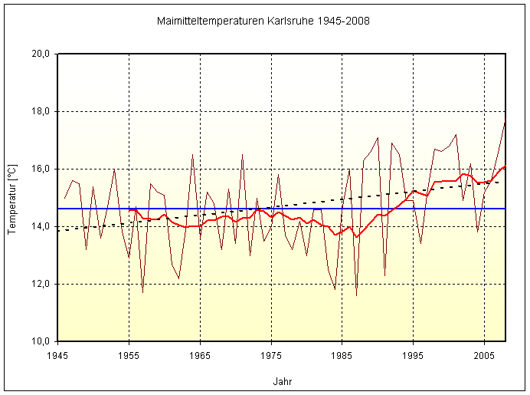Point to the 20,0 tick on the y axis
41,54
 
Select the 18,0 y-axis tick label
41,111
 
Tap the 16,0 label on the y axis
41,169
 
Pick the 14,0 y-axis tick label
41,226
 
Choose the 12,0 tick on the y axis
41,284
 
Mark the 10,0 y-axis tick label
41,341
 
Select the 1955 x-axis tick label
129,356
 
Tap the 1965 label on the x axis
200,356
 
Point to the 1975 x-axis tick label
271,356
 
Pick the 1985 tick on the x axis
342,356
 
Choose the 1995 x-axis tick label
414,356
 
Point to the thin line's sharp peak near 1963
192,155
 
